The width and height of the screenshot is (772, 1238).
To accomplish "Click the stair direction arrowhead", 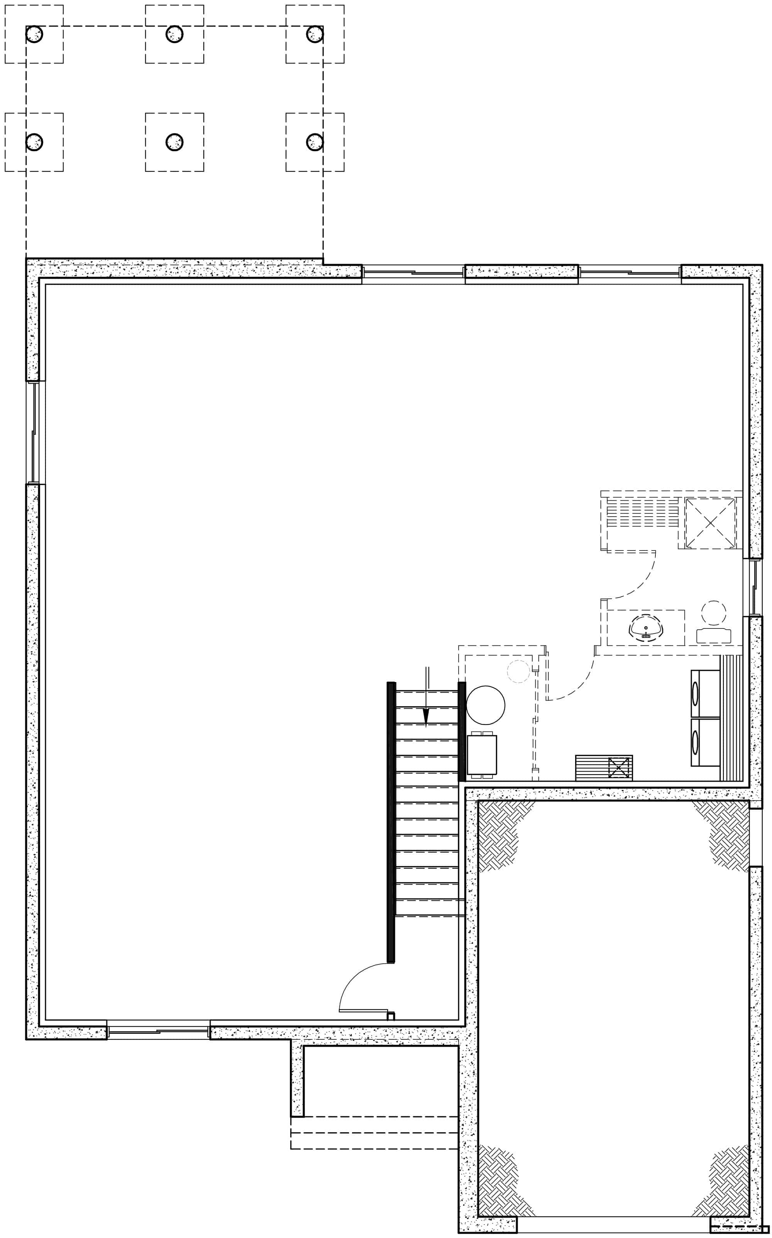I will [x=426, y=718].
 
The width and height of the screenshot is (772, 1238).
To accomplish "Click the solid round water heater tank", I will [x=486, y=705].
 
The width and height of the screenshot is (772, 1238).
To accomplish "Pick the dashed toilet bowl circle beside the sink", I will [x=713, y=613].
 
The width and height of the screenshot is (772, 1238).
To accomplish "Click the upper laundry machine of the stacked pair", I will [x=704, y=694].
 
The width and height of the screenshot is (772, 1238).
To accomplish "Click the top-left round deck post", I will [x=34, y=34].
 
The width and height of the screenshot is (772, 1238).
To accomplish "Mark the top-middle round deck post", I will [x=174, y=34].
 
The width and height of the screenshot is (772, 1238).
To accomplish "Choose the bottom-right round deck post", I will [x=315, y=142].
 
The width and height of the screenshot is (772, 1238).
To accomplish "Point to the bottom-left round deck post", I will [x=34, y=142].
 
